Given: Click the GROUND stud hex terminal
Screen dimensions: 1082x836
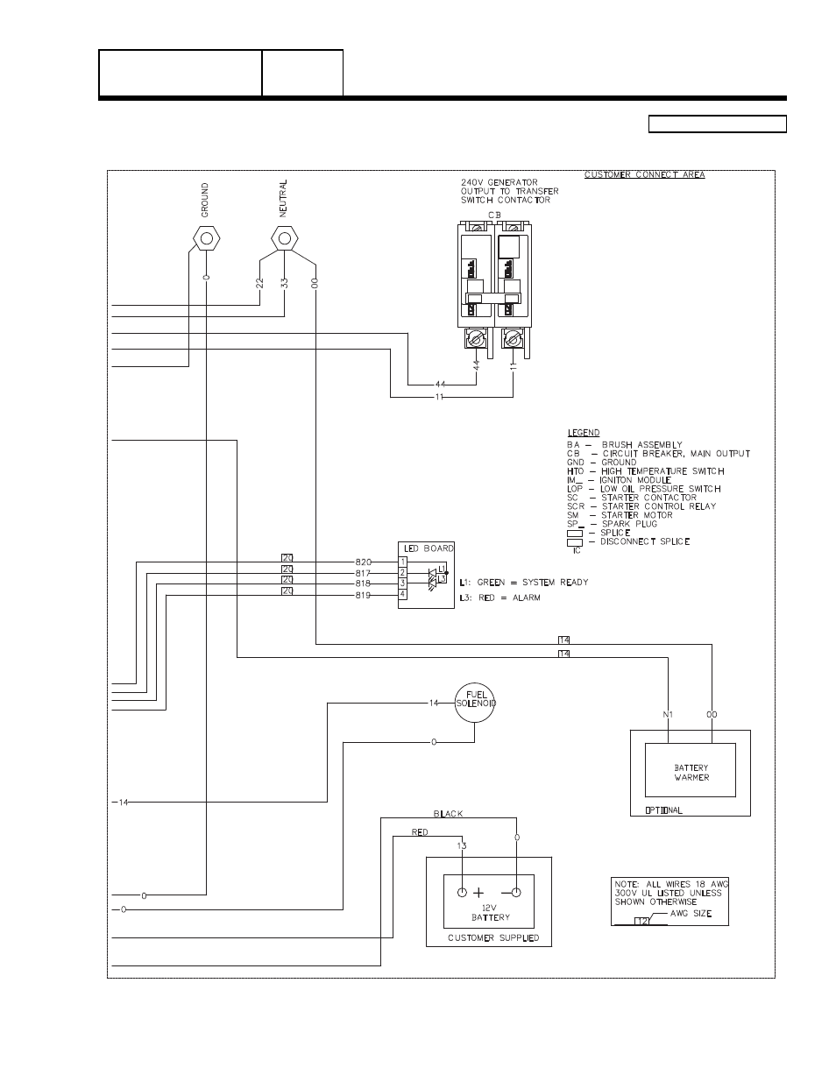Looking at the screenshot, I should point(206,237).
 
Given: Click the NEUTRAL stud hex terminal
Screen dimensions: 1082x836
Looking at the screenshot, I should point(283,237).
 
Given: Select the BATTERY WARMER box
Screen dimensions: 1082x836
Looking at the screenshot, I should point(691,773).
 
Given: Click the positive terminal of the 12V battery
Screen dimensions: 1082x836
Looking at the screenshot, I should point(462,893).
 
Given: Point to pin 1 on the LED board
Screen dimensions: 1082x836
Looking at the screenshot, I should point(402,561).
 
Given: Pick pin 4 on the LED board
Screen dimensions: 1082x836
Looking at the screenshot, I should point(402,594).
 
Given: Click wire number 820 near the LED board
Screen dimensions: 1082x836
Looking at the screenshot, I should point(364,561).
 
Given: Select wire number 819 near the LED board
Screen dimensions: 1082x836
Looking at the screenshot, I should point(364,595).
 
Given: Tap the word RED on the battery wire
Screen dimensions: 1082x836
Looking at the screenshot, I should point(420,832).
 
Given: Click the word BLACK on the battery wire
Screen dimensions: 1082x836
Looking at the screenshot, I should point(448,814).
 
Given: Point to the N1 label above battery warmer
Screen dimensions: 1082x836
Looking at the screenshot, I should point(668,715).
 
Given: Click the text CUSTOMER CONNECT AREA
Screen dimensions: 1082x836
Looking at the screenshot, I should point(644,175).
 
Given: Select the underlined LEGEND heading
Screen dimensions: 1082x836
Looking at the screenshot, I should point(584,433).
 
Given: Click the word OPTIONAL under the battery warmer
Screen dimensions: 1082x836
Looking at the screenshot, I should point(663,810).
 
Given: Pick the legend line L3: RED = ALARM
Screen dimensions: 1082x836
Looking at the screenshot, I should point(499,598).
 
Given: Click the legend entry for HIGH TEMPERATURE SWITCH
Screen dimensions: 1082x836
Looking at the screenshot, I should point(646,471).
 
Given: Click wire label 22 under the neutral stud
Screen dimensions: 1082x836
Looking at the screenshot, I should point(260,283).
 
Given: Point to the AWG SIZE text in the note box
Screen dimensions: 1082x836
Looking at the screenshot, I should point(691,914).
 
